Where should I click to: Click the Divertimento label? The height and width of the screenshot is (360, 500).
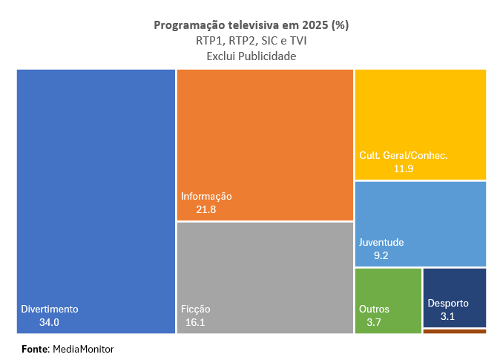(x=50, y=309)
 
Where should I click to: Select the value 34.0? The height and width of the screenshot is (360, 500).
(x=49, y=323)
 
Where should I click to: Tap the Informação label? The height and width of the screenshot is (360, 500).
(x=206, y=197)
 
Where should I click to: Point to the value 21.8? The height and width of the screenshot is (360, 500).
(x=205, y=210)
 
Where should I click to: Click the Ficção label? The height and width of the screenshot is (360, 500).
(x=196, y=309)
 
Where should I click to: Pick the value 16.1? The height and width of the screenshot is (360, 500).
(x=196, y=323)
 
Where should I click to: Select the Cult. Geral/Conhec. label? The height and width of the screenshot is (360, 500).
(x=404, y=156)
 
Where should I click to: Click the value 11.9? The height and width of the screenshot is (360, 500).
(x=403, y=169)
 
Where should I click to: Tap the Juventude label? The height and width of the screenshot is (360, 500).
(x=381, y=243)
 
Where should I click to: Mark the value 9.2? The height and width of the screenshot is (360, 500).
(x=381, y=256)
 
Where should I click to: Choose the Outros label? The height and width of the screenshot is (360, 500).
(x=374, y=309)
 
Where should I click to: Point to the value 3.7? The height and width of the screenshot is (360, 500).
(x=374, y=323)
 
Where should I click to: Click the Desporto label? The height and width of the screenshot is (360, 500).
(x=448, y=303)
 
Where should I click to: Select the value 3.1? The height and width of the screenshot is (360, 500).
(x=447, y=317)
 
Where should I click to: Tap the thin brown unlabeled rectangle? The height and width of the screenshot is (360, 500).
(x=454, y=331)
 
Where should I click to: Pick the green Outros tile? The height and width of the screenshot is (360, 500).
(x=388, y=286)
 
